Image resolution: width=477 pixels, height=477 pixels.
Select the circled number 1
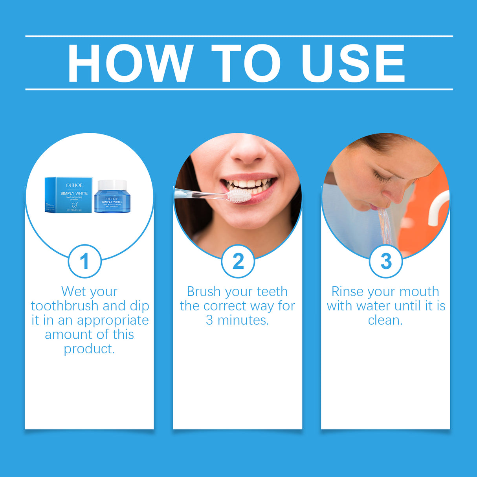[x=84, y=261]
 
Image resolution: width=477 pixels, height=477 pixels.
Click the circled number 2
[x=238, y=261]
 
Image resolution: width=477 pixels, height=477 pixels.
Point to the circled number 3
[x=386, y=261]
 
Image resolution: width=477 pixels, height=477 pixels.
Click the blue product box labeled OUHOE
[x=69, y=195]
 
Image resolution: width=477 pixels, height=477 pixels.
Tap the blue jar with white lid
[x=112, y=200]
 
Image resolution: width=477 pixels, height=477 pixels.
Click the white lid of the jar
[x=112, y=184]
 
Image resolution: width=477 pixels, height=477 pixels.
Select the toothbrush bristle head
[x=239, y=195]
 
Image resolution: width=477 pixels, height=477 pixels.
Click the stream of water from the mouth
[x=385, y=226]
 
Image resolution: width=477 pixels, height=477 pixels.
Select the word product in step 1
[x=89, y=349]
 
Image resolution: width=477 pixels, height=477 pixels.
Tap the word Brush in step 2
[x=204, y=292]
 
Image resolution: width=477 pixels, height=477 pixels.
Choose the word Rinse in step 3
[x=347, y=292]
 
